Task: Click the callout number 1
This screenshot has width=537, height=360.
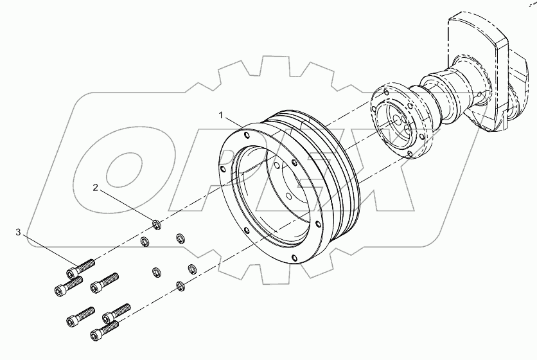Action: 221,115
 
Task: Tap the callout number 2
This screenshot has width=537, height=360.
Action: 96,188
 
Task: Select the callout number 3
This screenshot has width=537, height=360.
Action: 19,231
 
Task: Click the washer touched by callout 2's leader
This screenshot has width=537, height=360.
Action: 156,224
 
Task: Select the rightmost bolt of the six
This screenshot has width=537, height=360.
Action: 118,312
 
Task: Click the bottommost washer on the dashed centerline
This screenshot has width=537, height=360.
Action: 180,285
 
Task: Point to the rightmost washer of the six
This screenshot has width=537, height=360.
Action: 191,268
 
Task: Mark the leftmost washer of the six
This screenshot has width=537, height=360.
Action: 145,242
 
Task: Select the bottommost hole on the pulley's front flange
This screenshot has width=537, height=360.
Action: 294,258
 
